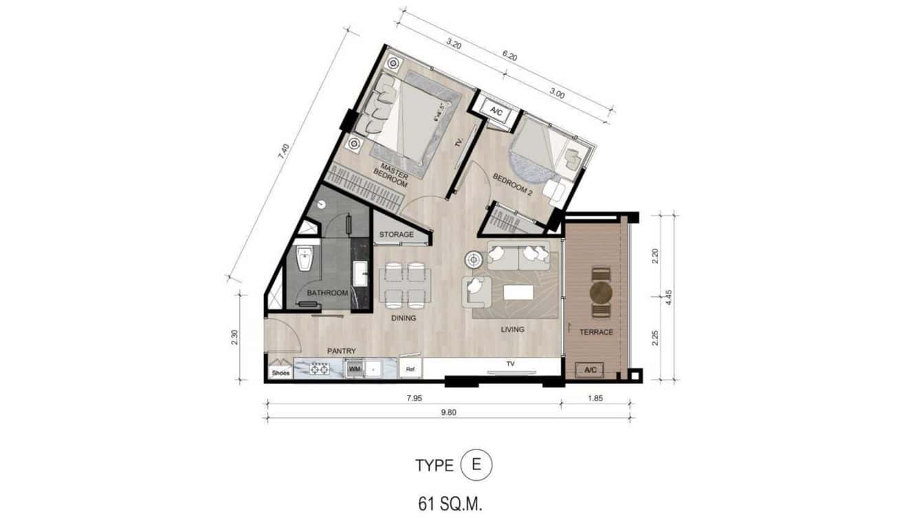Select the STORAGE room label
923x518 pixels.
pyautogui.click(x=397, y=235)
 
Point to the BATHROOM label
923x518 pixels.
pyautogui.click(x=327, y=293)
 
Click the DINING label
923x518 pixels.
pyautogui.click(x=403, y=318)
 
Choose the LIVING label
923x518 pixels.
pyautogui.click(x=512, y=330)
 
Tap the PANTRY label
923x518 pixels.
pyautogui.click(x=341, y=352)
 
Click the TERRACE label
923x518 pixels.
pyautogui.click(x=596, y=333)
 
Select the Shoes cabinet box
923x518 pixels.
pyautogui.click(x=281, y=373)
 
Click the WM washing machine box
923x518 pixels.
pyautogui.click(x=355, y=370)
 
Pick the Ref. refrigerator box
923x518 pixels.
pyautogui.click(x=411, y=369)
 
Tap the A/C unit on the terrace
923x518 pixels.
pyautogui.click(x=590, y=370)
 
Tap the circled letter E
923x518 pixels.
pyautogui.click(x=477, y=465)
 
